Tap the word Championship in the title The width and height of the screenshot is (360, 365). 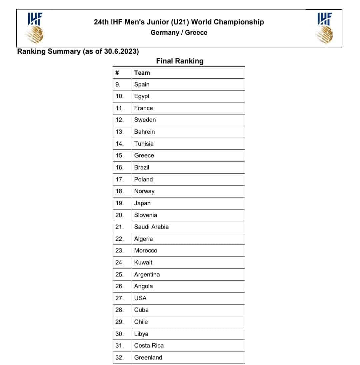tap(239, 22)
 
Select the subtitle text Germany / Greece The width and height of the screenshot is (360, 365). tap(179, 33)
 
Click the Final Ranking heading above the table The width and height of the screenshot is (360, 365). tap(180, 61)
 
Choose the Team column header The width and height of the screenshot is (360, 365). tap(142, 73)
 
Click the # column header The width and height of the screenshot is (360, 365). tap(117, 73)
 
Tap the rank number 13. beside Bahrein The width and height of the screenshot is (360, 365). tap(119, 132)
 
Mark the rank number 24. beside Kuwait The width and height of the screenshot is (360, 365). tap(119, 263)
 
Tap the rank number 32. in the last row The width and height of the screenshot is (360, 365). tap(119, 358)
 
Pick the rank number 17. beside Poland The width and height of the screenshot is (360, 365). tap(119, 179)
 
